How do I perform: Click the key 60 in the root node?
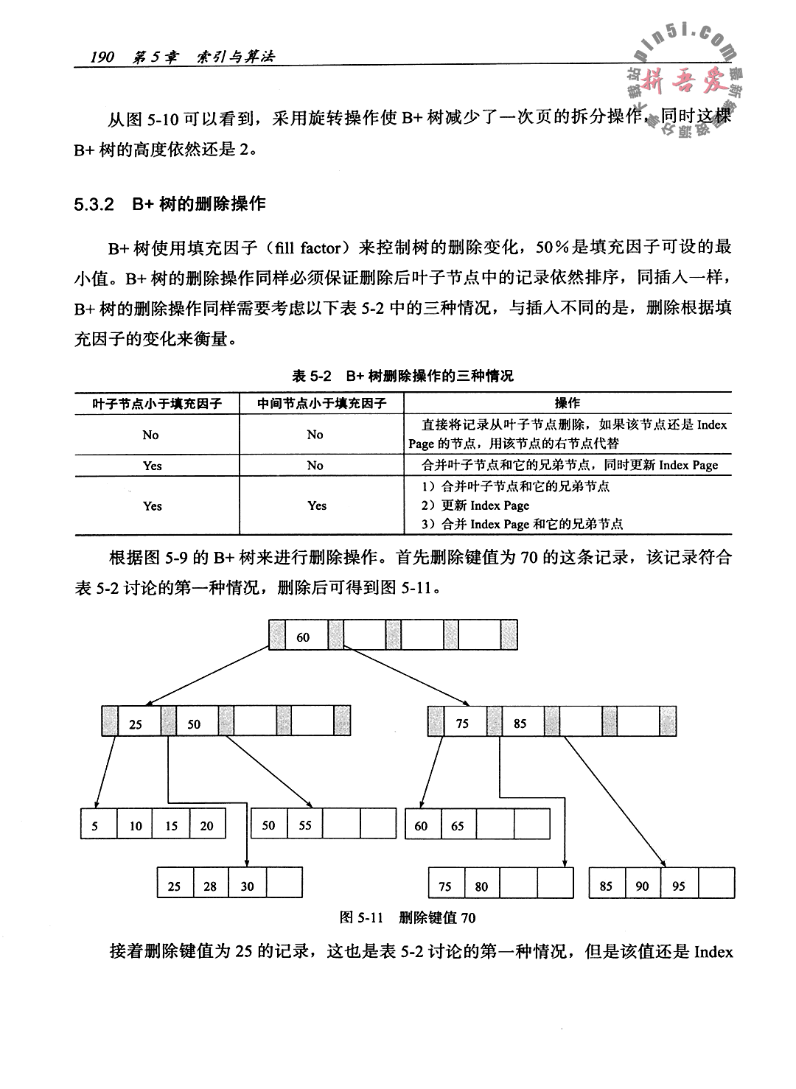tap(303, 637)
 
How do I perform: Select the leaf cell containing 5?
tap(94, 826)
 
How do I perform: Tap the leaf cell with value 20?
tap(206, 826)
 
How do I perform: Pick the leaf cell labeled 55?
tap(305, 825)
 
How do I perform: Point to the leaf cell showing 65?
tap(458, 826)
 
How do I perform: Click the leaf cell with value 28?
tap(210, 886)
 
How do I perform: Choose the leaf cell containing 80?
tap(481, 886)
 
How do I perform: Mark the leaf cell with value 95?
tap(678, 886)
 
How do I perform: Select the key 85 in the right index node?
tap(520, 724)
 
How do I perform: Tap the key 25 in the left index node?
tap(136, 724)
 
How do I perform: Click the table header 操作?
tap(567, 403)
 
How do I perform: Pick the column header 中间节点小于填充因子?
tap(321, 403)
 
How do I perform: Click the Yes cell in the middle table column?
tap(317, 505)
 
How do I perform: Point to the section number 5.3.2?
tap(93, 204)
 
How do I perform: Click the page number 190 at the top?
tap(102, 56)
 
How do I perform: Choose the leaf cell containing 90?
tap(642, 886)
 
